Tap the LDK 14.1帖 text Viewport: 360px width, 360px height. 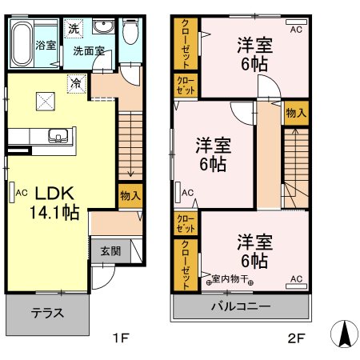54,204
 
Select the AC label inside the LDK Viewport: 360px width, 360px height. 21,192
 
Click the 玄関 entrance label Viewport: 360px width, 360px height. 110,250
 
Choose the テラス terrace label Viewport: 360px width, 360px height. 48,313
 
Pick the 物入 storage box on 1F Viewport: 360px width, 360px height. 130,195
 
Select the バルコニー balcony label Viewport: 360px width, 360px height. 240,306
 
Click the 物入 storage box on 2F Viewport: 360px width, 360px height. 294,113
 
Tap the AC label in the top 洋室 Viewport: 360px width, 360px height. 295,30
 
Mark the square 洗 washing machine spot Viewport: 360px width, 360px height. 74,28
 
